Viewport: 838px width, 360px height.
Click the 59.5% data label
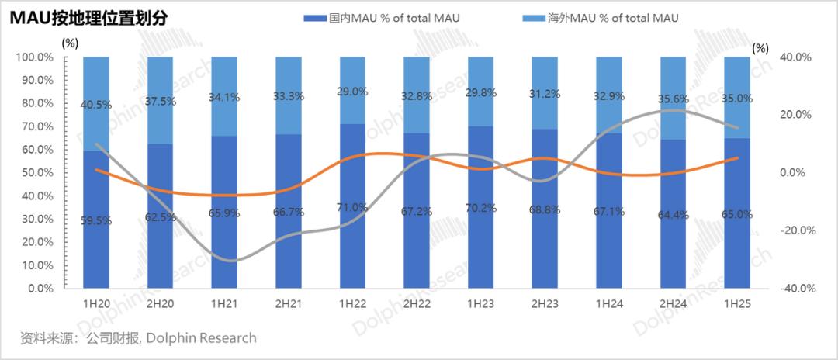click(96, 220)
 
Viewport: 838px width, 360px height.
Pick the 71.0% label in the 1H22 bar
click(353, 207)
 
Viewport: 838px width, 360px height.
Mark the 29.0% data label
click(353, 92)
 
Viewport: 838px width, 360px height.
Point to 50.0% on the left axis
click(35, 172)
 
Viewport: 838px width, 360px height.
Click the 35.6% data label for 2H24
click(674, 99)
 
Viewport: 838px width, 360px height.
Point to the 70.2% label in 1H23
click(481, 208)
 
